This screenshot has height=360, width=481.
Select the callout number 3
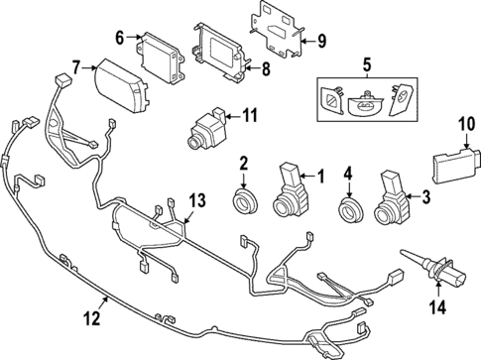pyautogui.click(x=425, y=198)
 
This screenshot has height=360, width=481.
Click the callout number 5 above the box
pyautogui.click(x=366, y=65)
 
